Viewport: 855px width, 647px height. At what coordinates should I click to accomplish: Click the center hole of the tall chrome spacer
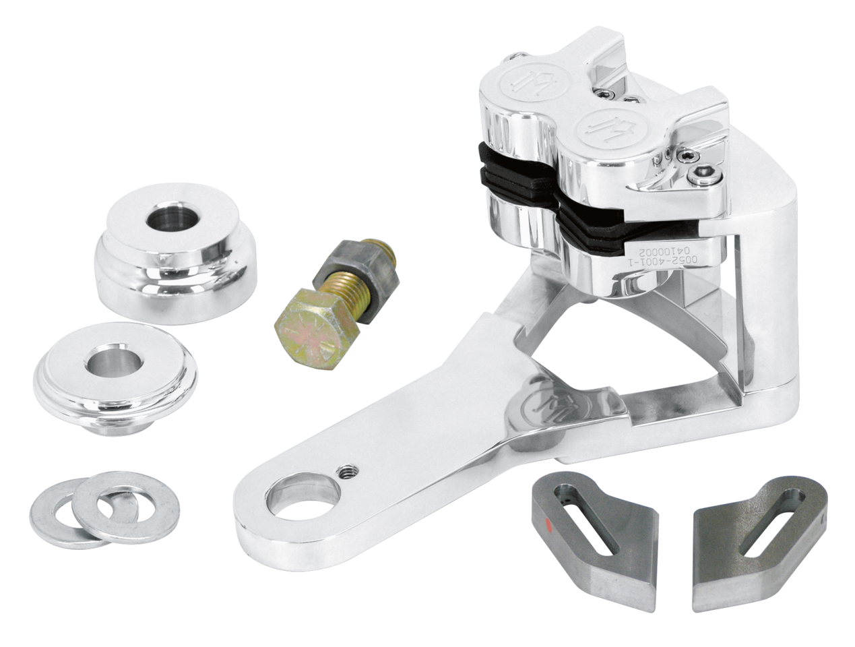pos(161,220)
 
